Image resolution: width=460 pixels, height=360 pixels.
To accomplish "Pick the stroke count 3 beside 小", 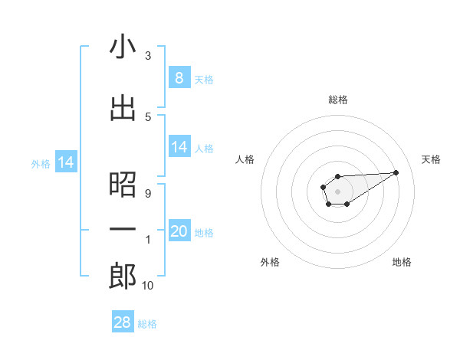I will (x=147, y=56).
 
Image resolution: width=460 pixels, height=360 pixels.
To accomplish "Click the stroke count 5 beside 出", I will (x=147, y=116).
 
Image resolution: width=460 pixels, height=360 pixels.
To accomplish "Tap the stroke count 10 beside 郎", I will (x=147, y=286).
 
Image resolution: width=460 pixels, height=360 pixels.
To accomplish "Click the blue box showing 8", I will (x=179, y=77).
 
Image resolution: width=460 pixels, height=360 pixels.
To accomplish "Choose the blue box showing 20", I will (x=179, y=231).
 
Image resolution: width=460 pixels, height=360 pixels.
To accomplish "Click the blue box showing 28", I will (x=123, y=322).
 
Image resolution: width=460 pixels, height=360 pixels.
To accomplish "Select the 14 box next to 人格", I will (x=179, y=147).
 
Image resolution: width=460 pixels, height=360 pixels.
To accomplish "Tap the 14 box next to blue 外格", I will (x=66, y=162).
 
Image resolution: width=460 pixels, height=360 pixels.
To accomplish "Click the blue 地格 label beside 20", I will (x=204, y=232).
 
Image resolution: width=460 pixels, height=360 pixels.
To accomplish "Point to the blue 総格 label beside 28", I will (x=147, y=323).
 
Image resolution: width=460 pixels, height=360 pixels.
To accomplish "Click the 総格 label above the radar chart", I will (x=337, y=100).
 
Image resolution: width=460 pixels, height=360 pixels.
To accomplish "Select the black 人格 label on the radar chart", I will (x=245, y=159).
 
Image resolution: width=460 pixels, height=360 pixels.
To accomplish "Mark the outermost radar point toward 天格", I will (x=396, y=172).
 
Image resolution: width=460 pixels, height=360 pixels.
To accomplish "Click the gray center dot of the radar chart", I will (x=337, y=191).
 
